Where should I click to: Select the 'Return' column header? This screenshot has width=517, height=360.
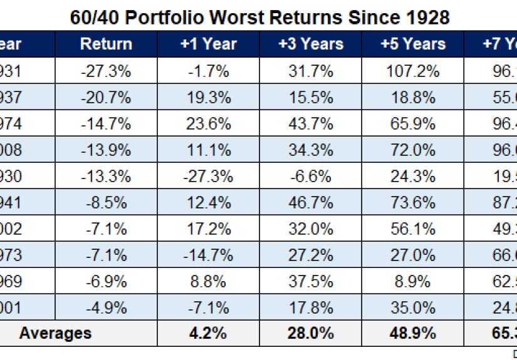tap(106, 44)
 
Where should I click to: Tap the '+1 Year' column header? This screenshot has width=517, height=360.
tap(209, 44)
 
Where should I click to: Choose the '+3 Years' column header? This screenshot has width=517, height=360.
tap(311, 44)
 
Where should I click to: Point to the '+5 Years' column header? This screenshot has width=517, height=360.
tap(412, 44)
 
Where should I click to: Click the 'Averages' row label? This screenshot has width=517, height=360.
tap(55, 334)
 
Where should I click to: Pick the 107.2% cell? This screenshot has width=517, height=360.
tap(412, 71)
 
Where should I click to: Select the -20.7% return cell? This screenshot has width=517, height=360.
tap(106, 98)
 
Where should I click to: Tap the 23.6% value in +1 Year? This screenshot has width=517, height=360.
tap(209, 124)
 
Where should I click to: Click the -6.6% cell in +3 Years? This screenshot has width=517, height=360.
tap(311, 177)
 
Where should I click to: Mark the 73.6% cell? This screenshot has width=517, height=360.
tap(412, 203)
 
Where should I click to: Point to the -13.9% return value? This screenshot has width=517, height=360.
tap(106, 150)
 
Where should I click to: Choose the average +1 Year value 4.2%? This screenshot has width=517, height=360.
tap(209, 334)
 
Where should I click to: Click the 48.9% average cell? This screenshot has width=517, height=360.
tap(412, 334)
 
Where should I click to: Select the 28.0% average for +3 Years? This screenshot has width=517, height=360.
tap(311, 334)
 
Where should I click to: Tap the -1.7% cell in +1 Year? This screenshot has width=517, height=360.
tap(209, 71)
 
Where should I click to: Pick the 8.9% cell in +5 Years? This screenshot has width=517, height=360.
tap(412, 281)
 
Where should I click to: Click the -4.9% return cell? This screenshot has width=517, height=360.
tap(106, 307)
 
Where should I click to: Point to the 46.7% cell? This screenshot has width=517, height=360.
tap(311, 203)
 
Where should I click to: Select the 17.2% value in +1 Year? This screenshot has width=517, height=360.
tap(209, 229)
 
